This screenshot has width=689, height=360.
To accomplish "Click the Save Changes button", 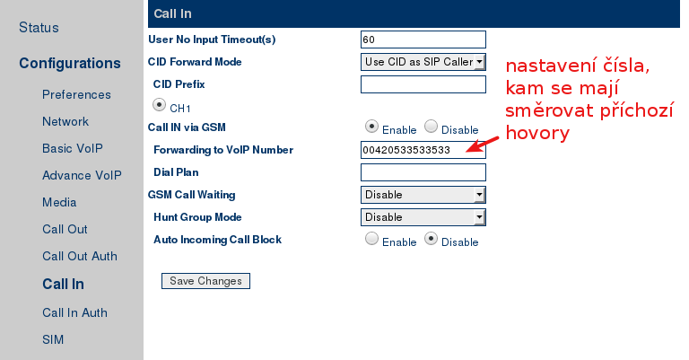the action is pyautogui.click(x=205, y=281).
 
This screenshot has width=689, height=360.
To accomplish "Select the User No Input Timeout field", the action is pyautogui.click(x=423, y=40).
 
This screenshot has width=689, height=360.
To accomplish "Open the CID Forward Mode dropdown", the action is pyautogui.click(x=423, y=62).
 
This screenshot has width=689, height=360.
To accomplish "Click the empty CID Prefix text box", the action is pyautogui.click(x=423, y=84).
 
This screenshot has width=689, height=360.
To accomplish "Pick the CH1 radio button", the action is pyautogui.click(x=159, y=105).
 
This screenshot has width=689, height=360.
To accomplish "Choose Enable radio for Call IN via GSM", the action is pyautogui.click(x=371, y=127).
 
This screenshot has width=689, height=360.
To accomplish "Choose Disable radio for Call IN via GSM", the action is pyautogui.click(x=431, y=127).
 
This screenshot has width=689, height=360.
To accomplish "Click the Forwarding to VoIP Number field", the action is pyautogui.click(x=423, y=150).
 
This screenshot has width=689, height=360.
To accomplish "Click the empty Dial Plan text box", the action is pyautogui.click(x=423, y=172).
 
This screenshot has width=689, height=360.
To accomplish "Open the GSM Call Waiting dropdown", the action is pyautogui.click(x=423, y=195).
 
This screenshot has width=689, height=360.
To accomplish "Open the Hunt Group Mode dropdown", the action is pyautogui.click(x=423, y=217).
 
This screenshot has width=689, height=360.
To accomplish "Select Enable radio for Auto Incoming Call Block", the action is pyautogui.click(x=371, y=239).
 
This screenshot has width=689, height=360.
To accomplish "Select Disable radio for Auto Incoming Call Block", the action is pyautogui.click(x=431, y=239).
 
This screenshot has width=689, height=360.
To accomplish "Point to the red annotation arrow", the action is pyautogui.click(x=482, y=145).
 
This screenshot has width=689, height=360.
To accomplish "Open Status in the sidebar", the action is pyautogui.click(x=39, y=28).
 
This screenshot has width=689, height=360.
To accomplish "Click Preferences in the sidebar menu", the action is pyautogui.click(x=76, y=94).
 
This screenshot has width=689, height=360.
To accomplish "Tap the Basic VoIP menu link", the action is pyautogui.click(x=73, y=148).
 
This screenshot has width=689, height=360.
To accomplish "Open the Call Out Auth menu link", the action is pyautogui.click(x=80, y=256).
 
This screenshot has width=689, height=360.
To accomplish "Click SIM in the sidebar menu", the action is pyautogui.click(x=53, y=339).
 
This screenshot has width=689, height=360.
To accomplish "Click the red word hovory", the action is pyautogui.click(x=537, y=132).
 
